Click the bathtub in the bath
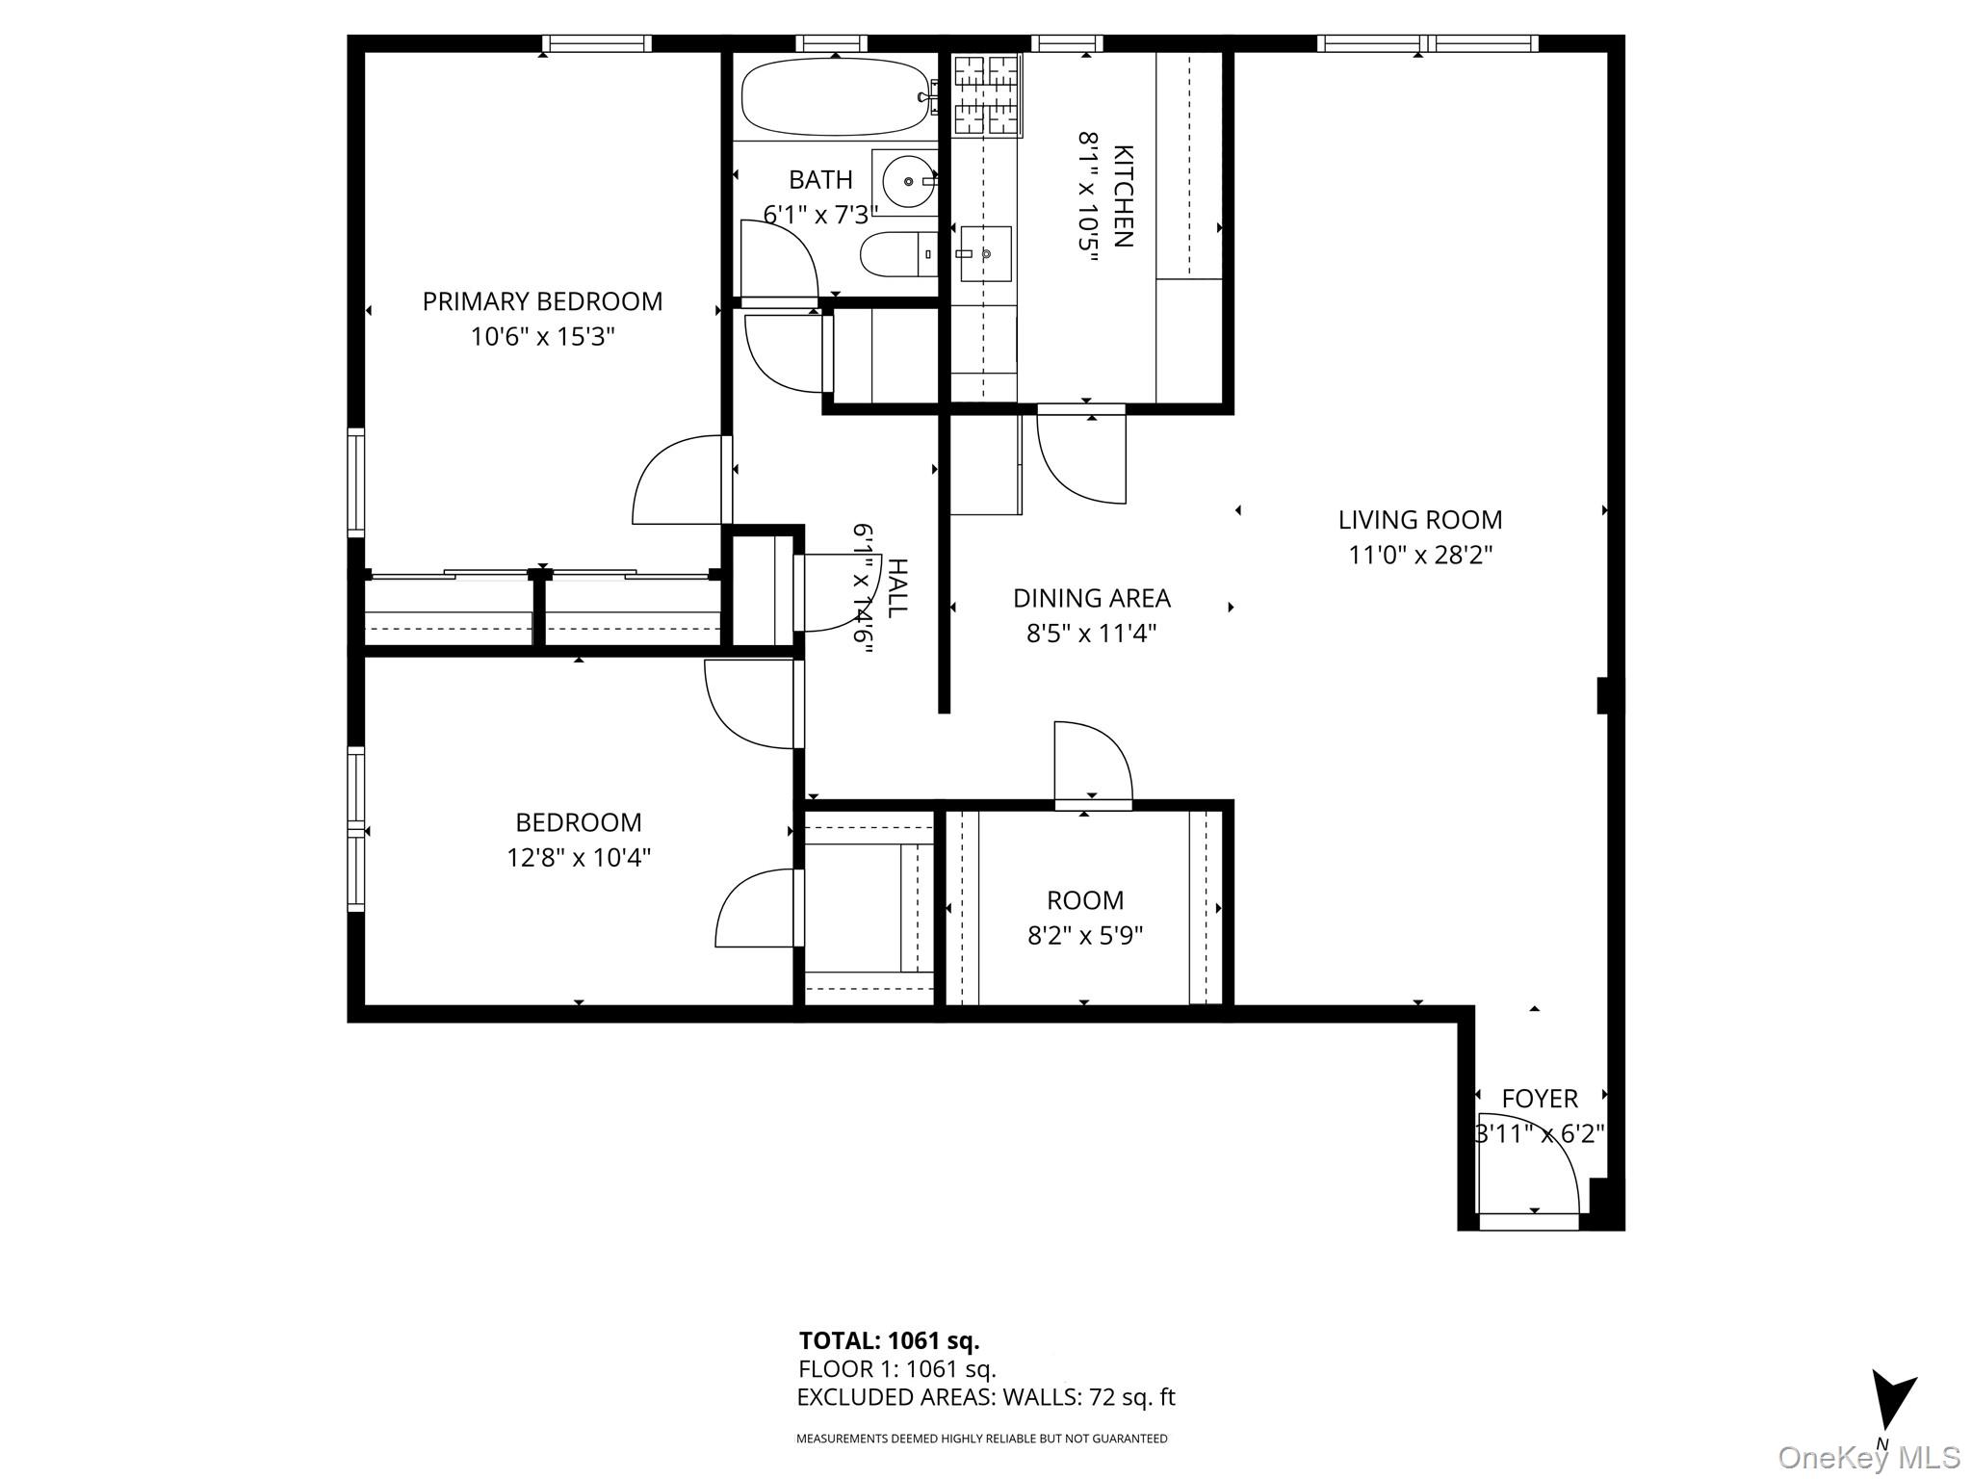click(834, 97)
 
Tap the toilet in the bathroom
click(895, 254)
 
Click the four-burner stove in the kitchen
click(986, 94)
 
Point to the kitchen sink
click(986, 253)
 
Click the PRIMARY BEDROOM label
click(542, 301)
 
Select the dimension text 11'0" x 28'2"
click(1420, 556)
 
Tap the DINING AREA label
click(1091, 598)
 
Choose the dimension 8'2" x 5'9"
click(1084, 936)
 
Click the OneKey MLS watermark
click(1868, 1457)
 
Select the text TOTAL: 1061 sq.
click(889, 1340)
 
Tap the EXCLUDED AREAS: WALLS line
click(986, 1397)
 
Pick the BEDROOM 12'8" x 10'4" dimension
click(579, 857)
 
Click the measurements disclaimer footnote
click(981, 1439)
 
